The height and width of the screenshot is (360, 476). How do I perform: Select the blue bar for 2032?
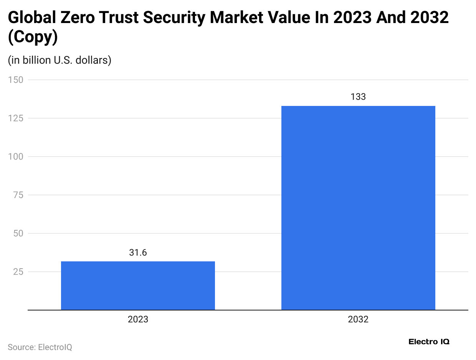[x=358, y=208]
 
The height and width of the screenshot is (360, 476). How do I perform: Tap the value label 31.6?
[x=138, y=253]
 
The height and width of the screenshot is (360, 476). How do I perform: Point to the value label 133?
[x=358, y=97]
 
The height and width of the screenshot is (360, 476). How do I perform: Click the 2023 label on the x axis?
[x=138, y=319]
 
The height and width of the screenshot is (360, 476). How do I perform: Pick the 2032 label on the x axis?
[x=358, y=319]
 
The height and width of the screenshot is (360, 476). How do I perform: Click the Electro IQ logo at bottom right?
[x=429, y=342]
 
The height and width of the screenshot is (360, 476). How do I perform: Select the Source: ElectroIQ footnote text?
[x=40, y=347]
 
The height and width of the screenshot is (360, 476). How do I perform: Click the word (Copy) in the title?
[x=33, y=38]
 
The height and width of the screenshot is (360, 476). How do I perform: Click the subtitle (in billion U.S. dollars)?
[x=59, y=60]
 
